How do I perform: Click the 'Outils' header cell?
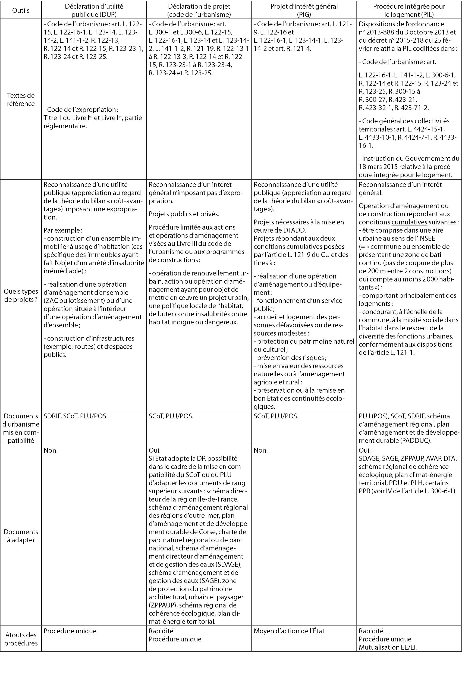pyautogui.click(x=21, y=10)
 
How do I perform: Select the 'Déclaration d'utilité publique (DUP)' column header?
pyautogui.click(x=94, y=10)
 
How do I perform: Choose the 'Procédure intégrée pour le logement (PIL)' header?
pyautogui.click(x=409, y=10)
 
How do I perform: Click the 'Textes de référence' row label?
pyautogui.click(x=21, y=99)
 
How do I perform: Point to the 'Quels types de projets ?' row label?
pyautogui.click(x=21, y=295)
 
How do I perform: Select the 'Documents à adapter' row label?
pyautogui.click(x=21, y=536)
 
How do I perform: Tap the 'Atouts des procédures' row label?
pyautogui.click(x=21, y=639)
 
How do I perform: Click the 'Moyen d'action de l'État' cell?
pyautogui.click(x=289, y=631)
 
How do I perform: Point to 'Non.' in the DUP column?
pyautogui.click(x=51, y=450)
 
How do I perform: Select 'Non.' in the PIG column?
pyautogui.click(x=261, y=450)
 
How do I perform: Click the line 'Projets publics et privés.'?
pyautogui.click(x=184, y=214)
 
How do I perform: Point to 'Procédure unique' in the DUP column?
pyautogui.click(x=70, y=631)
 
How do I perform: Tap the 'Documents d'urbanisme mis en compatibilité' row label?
pyautogui.click(x=21, y=428)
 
